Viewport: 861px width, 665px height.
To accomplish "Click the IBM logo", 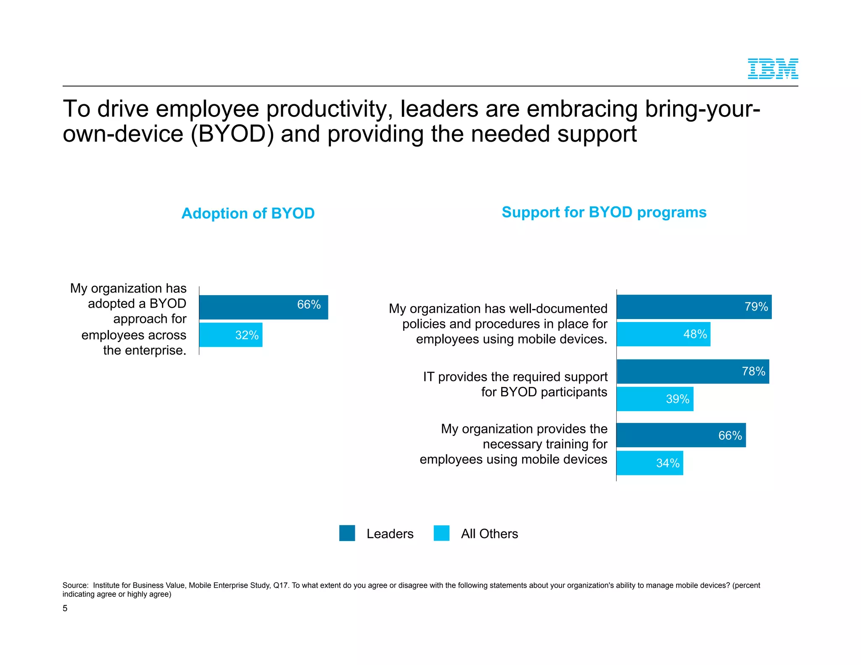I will [x=772, y=69].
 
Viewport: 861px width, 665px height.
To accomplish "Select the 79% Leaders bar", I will [x=694, y=307].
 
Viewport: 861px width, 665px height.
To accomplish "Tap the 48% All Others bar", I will [x=663, y=334].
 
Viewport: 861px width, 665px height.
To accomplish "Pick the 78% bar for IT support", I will [x=692, y=372].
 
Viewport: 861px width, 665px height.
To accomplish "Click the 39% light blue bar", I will [x=655, y=399].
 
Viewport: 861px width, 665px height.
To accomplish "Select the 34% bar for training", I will [x=650, y=463].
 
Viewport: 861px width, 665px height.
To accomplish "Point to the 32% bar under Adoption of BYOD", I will [x=230, y=335].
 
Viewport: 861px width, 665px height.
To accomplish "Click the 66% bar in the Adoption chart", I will [x=263, y=307].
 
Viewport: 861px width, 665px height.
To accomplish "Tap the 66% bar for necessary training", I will [x=681, y=435].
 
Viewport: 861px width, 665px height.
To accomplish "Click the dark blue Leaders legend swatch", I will [x=347, y=533].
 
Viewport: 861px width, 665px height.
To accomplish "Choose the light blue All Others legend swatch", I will [x=441, y=533].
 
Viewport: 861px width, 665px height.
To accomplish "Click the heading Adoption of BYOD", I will [x=248, y=214].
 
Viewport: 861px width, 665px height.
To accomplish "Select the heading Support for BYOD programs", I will [x=604, y=212].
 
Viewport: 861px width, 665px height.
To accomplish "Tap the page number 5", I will [x=65, y=608].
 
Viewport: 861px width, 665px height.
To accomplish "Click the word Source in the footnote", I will [x=74, y=586].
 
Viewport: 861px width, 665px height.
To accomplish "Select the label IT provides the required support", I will [x=515, y=377].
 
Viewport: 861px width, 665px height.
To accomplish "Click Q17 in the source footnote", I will [x=280, y=586].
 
